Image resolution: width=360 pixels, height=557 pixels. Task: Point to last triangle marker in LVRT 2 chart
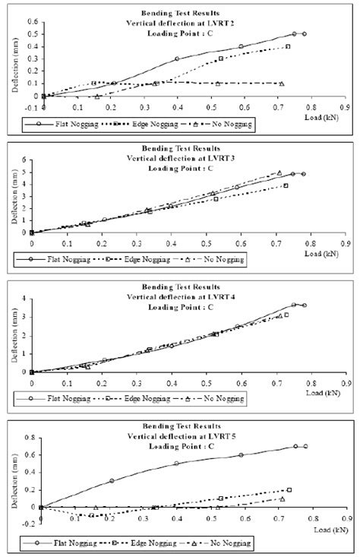[282, 84]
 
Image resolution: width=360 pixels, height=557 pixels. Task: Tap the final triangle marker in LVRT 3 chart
[279, 173]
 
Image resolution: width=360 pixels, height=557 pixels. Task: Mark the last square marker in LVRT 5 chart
[289, 490]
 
